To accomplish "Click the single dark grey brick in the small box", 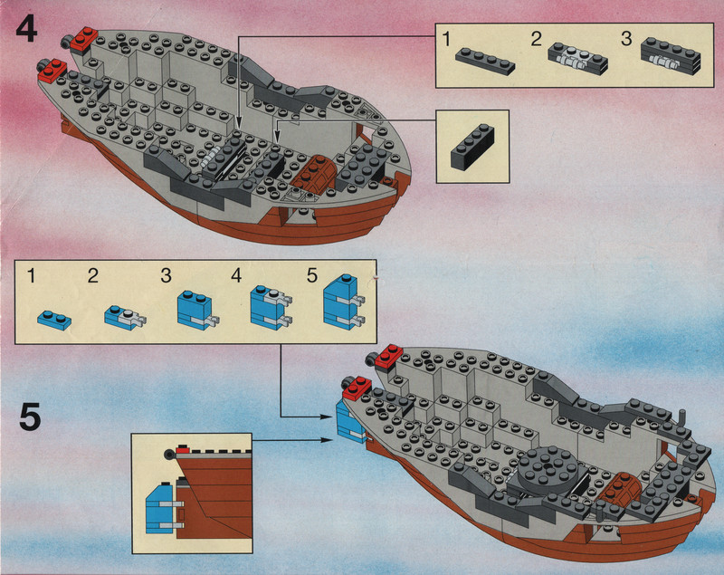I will point(472,144).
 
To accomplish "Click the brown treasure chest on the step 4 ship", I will point(318,172).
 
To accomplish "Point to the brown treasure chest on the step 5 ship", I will point(624,490).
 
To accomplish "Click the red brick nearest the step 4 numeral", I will point(84,37).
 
